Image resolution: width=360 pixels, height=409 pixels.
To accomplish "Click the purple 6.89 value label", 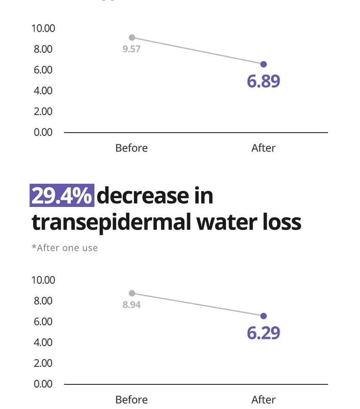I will (x=263, y=81).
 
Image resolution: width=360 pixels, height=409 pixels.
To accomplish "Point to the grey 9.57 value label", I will (x=131, y=49).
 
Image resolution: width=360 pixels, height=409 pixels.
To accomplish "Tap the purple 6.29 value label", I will (x=263, y=332).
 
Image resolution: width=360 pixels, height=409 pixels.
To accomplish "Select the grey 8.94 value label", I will (x=131, y=305).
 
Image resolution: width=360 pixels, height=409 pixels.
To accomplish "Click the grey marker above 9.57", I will (x=132, y=38).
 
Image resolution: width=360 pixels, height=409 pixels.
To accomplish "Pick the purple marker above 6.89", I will (x=263, y=64).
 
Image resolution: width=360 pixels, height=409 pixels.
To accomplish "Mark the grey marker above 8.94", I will (x=132, y=293).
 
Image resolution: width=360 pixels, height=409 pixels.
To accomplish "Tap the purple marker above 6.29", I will (x=263, y=316).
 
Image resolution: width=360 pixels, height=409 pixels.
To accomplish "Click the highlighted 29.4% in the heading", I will (x=62, y=196).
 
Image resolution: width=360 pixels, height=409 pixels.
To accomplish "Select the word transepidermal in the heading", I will (x=109, y=222).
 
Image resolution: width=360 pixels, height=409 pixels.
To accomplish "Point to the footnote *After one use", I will (x=65, y=248).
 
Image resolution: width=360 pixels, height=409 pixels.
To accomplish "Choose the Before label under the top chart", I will (x=131, y=148).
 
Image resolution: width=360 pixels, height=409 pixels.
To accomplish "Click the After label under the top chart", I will (x=263, y=148).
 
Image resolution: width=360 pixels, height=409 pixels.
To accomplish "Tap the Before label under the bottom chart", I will (x=131, y=399).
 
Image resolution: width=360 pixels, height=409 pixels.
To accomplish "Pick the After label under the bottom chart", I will (x=263, y=399).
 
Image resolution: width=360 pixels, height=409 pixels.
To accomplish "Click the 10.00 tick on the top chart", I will (x=43, y=28).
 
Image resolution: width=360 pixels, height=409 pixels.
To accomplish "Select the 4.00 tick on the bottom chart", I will (x=43, y=342).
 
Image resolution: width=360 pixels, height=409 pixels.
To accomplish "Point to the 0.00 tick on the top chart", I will (x=43, y=132).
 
